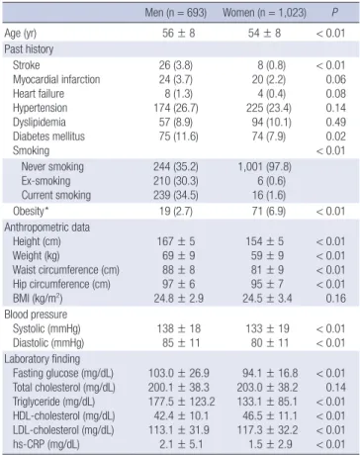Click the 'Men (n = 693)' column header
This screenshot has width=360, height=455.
tap(176, 13)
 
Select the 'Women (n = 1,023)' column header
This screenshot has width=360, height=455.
tap(264, 13)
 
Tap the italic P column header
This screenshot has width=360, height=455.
tap(334, 13)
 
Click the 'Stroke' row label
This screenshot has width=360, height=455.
tap(27, 65)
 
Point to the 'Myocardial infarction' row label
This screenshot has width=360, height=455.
tap(56, 79)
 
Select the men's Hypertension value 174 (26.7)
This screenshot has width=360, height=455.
tap(176, 108)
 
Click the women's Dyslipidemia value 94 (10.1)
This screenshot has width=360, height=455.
tap(271, 122)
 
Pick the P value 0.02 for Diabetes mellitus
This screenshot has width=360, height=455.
tap(336, 136)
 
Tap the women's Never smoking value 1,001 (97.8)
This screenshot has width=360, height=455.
tap(265, 167)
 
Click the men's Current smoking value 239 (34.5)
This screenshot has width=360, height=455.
tap(176, 195)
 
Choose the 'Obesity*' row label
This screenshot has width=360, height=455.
tap(31, 211)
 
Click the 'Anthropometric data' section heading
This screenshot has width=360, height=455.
tap(47, 227)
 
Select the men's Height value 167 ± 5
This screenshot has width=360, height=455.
tap(176, 241)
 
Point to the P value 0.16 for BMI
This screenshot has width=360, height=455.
tap(336, 299)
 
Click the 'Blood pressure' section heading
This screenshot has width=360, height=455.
tap(36, 315)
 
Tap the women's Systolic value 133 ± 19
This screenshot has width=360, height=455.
tap(267, 328)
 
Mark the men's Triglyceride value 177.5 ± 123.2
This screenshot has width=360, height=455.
tap(181, 402)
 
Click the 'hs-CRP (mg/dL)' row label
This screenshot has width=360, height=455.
tap(46, 444)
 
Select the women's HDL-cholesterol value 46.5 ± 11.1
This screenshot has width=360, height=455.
tap(270, 415)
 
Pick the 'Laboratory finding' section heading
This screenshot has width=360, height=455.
tap(43, 359)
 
